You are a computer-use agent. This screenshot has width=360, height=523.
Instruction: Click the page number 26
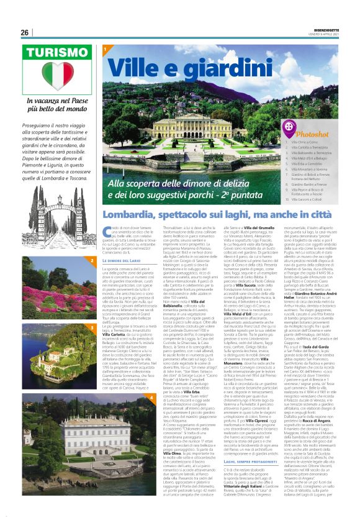pyautogui.click(x=25, y=32)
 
